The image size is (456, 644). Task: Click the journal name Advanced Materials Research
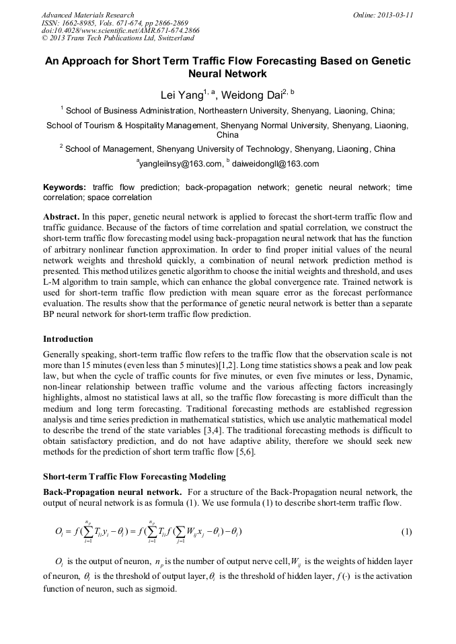[88, 15]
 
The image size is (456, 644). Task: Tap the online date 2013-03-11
[383, 15]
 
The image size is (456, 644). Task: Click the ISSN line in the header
[115, 23]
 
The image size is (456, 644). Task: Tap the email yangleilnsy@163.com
[180, 164]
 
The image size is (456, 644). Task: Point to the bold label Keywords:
[65, 187]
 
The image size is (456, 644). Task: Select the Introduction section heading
[68, 339]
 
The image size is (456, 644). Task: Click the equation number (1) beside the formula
[406, 532]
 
